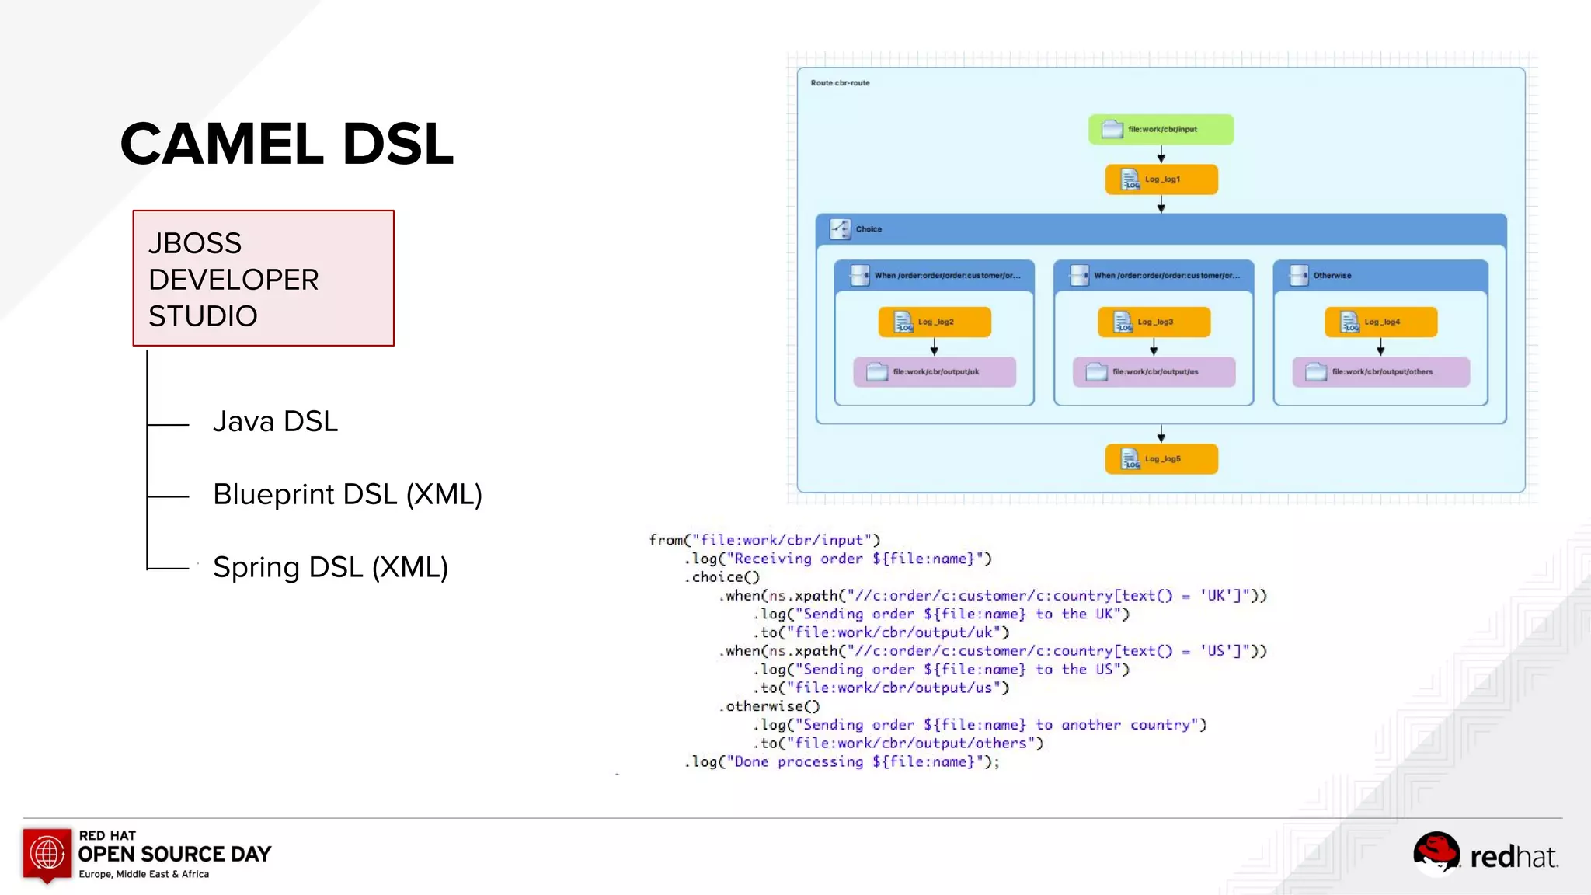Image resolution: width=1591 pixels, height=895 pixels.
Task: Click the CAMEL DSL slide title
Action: click(x=287, y=145)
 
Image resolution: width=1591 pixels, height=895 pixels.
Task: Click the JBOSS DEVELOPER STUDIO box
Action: click(x=263, y=278)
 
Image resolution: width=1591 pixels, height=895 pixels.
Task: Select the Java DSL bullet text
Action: click(x=275, y=422)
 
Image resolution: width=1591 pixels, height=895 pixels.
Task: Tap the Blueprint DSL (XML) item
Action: click(x=347, y=495)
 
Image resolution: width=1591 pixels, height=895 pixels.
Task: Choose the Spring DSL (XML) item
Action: click(x=330, y=568)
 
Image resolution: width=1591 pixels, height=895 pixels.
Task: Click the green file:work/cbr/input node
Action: click(x=1161, y=130)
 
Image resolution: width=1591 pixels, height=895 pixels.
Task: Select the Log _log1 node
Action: click(x=1161, y=179)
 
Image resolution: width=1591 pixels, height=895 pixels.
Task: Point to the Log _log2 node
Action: click(x=934, y=322)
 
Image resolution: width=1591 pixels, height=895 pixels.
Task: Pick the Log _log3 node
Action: click(x=1154, y=322)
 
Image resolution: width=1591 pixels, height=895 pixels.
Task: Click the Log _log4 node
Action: click(x=1380, y=322)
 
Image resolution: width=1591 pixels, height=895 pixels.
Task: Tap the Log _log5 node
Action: click(x=1161, y=459)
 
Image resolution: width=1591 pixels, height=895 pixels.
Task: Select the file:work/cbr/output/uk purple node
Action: click(x=934, y=372)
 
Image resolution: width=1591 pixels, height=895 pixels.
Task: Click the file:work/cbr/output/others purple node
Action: click(x=1380, y=372)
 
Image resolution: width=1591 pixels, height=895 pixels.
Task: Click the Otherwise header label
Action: click(x=1332, y=276)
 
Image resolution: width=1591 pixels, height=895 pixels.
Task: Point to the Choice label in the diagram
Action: click(x=868, y=229)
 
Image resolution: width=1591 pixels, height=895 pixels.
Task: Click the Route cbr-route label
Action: click(x=840, y=83)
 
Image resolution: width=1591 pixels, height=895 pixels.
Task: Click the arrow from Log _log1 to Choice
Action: click(x=1161, y=204)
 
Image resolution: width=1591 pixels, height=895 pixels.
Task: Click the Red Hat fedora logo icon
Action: click(x=1436, y=853)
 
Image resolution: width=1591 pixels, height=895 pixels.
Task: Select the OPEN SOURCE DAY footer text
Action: click(x=175, y=855)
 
